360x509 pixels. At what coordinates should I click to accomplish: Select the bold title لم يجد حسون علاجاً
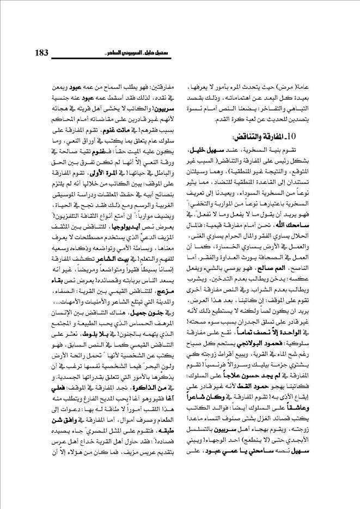[263, 403]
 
